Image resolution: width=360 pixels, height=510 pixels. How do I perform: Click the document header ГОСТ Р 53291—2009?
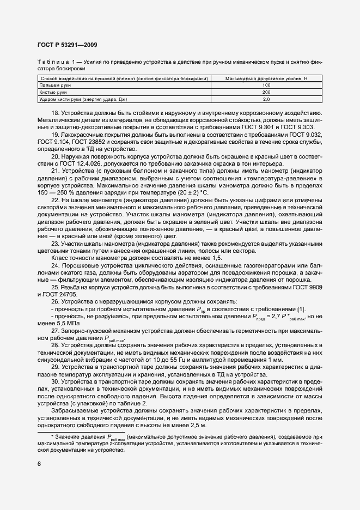(x=67, y=45)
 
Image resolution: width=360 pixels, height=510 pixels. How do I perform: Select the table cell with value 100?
(x=266, y=86)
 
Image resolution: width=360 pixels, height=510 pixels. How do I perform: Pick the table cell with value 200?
(x=266, y=93)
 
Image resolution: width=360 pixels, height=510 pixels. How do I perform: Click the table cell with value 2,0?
(x=266, y=100)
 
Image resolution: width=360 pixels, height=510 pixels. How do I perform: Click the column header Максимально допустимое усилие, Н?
(x=266, y=78)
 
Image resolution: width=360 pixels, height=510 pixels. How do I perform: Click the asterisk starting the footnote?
(x=52, y=437)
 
